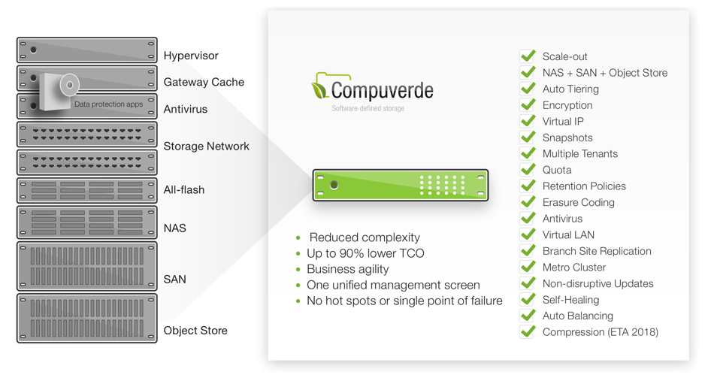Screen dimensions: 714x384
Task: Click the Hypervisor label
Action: [191, 56]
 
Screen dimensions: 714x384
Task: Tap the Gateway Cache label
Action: [204, 82]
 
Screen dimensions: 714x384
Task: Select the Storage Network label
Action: [206, 147]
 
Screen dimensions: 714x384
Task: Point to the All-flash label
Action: [184, 189]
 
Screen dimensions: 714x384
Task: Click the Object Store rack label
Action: [195, 330]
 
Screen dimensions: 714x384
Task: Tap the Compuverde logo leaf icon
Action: [319, 89]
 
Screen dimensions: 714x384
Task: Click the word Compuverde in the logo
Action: [382, 91]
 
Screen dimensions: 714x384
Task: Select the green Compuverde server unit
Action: [401, 185]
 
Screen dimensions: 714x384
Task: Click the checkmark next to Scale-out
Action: [528, 56]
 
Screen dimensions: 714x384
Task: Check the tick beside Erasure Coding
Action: [528, 201]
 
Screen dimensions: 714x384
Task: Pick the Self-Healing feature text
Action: [570, 300]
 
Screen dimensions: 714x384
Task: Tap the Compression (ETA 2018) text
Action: [601, 332]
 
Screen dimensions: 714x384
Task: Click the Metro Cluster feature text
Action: [573, 268]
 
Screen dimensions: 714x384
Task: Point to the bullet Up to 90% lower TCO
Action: [365, 253]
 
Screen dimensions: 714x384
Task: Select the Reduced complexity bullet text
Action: [365, 237]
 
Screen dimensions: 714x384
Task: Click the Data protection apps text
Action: [108, 104]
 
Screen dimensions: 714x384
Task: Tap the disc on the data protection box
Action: [69, 85]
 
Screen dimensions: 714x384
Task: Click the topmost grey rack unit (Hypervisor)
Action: [87, 50]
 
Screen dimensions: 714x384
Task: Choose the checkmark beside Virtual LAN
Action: [528, 234]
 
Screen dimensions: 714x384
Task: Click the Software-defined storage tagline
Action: [368, 108]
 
